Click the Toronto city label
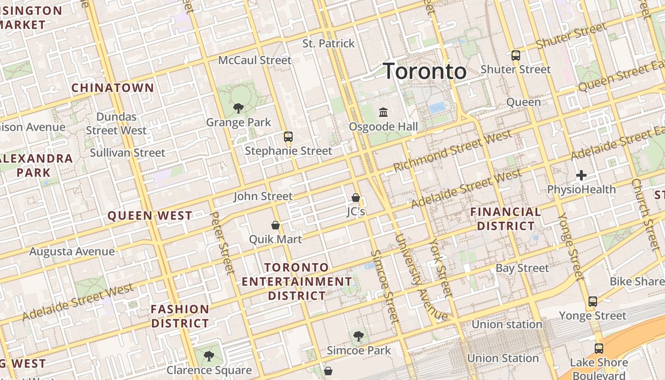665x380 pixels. (425, 71)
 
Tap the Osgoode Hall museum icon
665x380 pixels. (383, 113)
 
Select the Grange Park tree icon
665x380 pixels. (238, 108)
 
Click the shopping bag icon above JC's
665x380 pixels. (356, 197)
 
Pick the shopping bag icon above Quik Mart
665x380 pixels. (275, 225)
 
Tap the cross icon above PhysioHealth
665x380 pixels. (581, 175)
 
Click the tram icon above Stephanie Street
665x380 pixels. (288, 137)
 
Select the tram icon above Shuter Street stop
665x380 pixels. (516, 55)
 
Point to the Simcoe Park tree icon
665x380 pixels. (359, 336)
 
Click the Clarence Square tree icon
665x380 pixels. (209, 356)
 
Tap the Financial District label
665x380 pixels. (506, 218)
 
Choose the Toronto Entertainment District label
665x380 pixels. (297, 281)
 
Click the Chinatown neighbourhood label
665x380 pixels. (113, 88)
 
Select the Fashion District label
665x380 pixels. (180, 316)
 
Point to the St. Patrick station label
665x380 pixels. (329, 44)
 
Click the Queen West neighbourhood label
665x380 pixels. (150, 216)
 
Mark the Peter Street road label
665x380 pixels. (222, 243)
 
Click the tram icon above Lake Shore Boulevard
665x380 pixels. (598, 349)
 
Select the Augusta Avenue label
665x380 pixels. (72, 251)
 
